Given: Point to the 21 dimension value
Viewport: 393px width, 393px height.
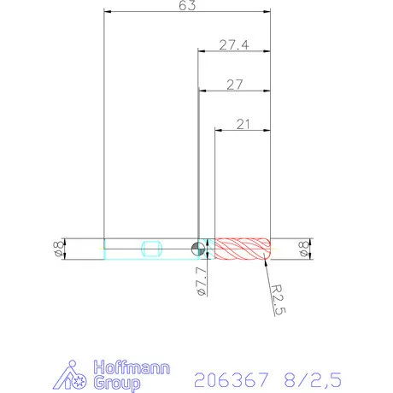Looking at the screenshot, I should click(243, 125).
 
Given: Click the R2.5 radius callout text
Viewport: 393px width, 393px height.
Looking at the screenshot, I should click(275, 300).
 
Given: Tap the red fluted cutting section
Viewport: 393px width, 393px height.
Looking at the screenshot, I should click(242, 249).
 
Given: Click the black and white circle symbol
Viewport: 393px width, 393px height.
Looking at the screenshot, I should click(197, 249).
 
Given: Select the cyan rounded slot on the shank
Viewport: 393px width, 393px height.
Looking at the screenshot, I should click(151, 249).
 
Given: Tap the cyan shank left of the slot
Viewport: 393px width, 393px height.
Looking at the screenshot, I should click(121, 249).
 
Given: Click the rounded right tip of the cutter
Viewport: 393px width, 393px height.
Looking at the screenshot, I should click(268, 249).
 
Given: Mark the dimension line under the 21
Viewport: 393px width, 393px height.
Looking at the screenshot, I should click(242, 131).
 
